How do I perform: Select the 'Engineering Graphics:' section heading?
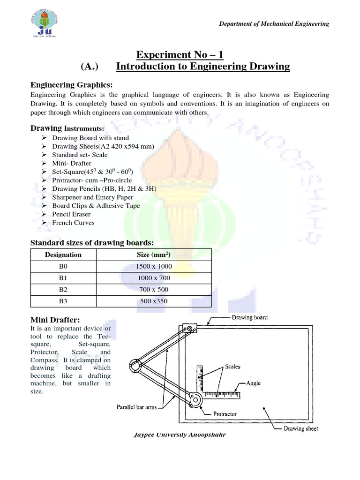pyautogui.click(x=72, y=85)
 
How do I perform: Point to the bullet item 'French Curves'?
pyautogui.click(x=73, y=223)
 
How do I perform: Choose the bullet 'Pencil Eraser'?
pyautogui.click(x=71, y=214)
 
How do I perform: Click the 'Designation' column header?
pyautogui.click(x=63, y=255)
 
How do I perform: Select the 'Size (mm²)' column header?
pyautogui.click(x=154, y=255)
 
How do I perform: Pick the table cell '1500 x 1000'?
pyautogui.click(x=154, y=267)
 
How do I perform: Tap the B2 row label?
pyautogui.click(x=63, y=290)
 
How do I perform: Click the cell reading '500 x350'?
pyautogui.click(x=154, y=301)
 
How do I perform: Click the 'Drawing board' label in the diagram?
pyautogui.click(x=250, y=317)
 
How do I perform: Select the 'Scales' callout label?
pyautogui.click(x=232, y=367)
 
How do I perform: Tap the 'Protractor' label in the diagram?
pyautogui.click(x=225, y=414)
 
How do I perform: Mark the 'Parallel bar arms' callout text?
pyautogui.click(x=136, y=407)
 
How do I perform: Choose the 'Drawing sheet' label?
pyautogui.click(x=301, y=428)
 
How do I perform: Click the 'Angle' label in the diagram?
pyautogui.click(x=253, y=383)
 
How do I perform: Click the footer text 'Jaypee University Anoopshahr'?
pyautogui.click(x=180, y=435)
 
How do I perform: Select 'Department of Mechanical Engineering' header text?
pyautogui.click(x=274, y=24)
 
